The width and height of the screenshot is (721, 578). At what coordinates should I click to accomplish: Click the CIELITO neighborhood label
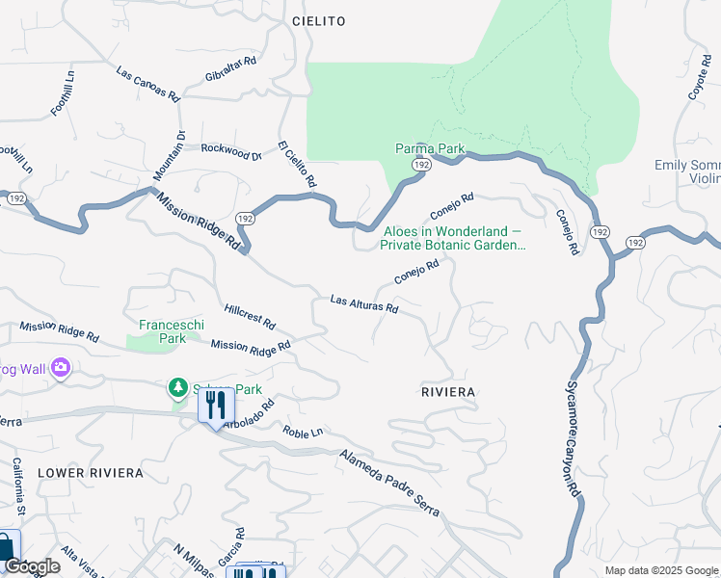coord(318,20)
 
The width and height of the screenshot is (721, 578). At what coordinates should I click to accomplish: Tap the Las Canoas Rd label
coord(147,85)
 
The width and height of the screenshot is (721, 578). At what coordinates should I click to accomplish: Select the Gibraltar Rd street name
coord(230,70)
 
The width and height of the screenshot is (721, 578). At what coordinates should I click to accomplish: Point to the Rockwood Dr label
coord(230,151)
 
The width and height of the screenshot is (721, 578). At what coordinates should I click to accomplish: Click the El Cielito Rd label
coord(297,164)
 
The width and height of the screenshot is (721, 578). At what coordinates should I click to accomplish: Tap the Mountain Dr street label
coord(168,155)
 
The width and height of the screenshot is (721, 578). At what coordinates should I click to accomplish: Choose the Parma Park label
coord(430,148)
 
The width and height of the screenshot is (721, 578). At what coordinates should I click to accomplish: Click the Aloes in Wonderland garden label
coord(453,238)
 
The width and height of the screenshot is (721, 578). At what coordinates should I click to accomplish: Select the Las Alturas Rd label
coord(364,304)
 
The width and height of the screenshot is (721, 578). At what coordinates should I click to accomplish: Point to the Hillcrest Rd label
coord(249,316)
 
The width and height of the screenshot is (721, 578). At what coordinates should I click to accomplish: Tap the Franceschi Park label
coord(161,331)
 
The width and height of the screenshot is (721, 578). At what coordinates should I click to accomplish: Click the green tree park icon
coord(177,387)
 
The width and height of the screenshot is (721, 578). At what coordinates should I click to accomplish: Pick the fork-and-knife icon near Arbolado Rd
coord(216,405)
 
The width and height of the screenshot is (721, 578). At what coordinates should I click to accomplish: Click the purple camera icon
coord(62,367)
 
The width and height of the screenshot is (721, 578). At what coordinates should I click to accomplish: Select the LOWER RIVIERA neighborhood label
coord(90,473)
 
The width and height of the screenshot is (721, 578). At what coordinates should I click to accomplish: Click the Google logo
coord(31,566)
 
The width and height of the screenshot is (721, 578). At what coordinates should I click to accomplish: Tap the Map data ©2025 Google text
coord(660,570)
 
